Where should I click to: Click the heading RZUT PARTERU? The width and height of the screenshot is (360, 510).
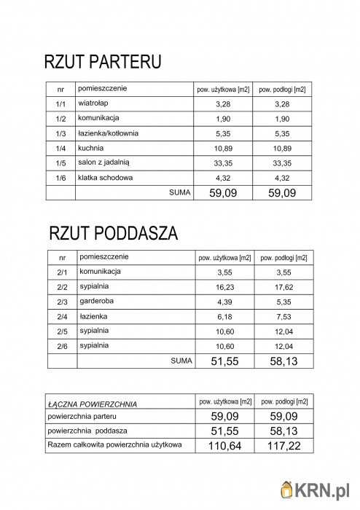102,62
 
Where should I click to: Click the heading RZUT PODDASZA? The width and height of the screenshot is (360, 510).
113,234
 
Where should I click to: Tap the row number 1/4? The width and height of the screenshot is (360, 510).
60,149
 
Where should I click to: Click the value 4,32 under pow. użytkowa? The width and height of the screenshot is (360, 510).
223,178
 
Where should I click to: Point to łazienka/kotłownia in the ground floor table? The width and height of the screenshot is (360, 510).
108,133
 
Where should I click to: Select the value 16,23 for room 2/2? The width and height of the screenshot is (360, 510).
224,287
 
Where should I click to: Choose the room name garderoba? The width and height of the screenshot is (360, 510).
97,301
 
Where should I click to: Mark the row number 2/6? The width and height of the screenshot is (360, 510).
62,345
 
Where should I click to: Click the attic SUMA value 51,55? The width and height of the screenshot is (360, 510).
224,361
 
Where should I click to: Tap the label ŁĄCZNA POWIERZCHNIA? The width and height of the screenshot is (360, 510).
92,404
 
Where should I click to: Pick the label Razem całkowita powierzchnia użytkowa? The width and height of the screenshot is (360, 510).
114,444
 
